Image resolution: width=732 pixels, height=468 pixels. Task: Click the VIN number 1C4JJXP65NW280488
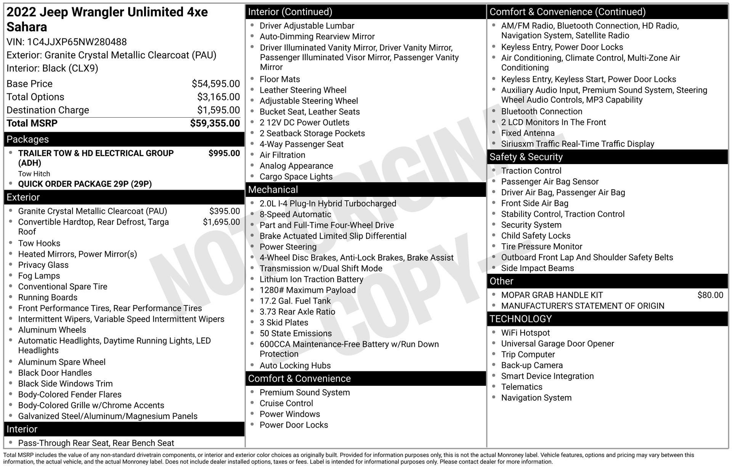tap(77, 42)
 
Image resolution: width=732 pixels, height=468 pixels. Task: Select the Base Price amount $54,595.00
tap(216, 84)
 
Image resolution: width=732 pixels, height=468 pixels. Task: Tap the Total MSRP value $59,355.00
tap(215, 123)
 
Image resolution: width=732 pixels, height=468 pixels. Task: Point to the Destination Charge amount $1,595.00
tap(218, 110)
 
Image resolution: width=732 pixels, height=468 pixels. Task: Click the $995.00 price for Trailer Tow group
tap(224, 153)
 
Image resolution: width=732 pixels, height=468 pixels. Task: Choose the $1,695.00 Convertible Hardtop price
tap(221, 222)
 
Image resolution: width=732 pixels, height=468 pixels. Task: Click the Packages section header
tap(28, 139)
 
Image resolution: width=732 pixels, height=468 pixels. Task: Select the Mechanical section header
tap(273, 190)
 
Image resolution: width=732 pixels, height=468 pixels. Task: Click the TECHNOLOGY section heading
tap(520, 319)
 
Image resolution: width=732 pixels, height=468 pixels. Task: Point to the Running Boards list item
tap(48, 297)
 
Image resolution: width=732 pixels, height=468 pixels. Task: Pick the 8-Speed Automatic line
tap(295, 214)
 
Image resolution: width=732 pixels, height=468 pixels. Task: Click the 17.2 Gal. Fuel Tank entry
tap(295, 301)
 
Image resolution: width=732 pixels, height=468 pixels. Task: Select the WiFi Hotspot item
tap(525, 333)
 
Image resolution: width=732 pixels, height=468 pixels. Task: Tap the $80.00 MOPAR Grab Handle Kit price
tap(710, 295)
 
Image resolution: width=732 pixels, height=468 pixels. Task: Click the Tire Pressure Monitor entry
tap(541, 246)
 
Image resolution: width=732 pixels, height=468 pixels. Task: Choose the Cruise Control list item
tap(286, 403)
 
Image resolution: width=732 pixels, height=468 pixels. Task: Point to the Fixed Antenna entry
tap(528, 133)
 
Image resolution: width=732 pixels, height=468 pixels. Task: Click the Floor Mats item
tap(279, 79)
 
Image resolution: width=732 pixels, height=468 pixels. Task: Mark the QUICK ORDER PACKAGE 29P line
tap(85, 184)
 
